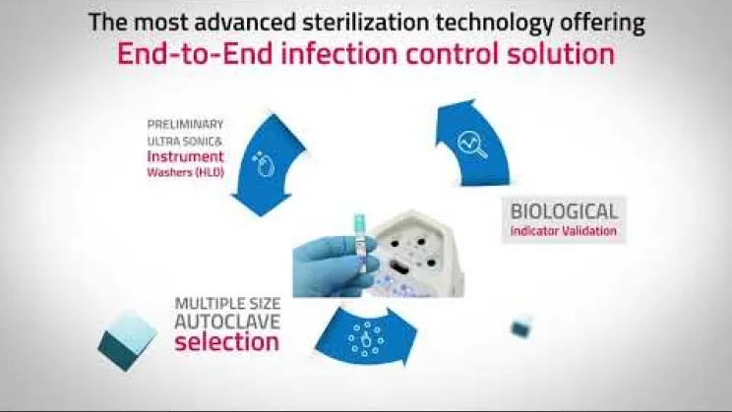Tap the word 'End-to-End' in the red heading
point(195,54)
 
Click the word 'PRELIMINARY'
point(185,125)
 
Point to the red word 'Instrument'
point(185,156)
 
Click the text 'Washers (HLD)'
point(185,172)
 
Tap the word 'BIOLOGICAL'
point(564,211)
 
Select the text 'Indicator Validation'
point(564,231)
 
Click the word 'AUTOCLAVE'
point(227,322)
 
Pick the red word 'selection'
point(227,341)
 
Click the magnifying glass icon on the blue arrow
point(472,145)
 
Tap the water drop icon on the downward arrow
point(263,164)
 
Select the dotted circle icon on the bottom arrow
point(366,339)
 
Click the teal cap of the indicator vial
point(359,221)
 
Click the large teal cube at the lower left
point(128,340)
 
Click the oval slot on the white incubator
point(400,267)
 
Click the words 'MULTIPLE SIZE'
point(227,304)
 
